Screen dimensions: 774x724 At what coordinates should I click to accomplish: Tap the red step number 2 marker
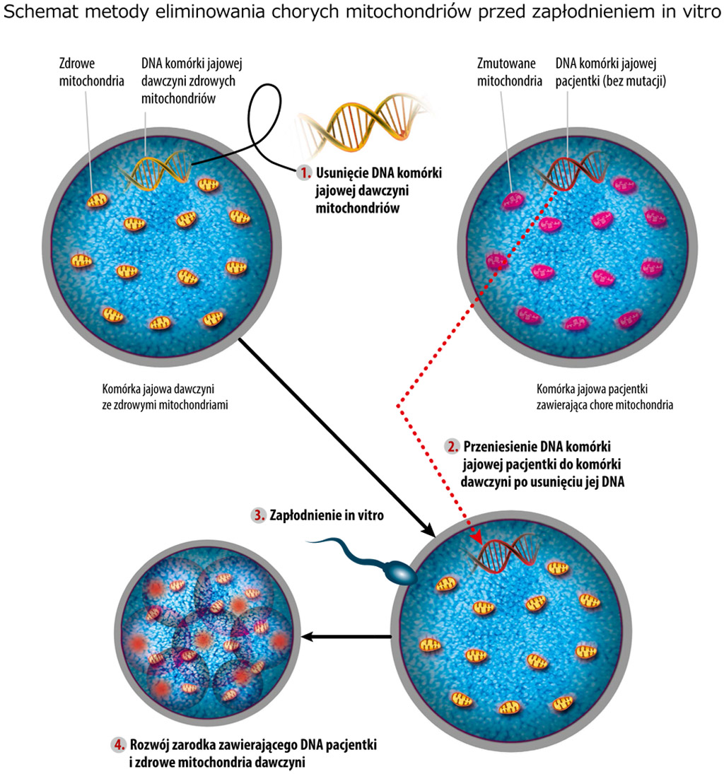click(452, 447)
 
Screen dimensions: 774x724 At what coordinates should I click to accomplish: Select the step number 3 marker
click(259, 515)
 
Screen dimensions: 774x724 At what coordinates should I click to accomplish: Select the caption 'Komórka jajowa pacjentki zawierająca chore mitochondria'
click(604, 396)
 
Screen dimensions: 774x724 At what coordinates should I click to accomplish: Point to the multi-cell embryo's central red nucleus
click(204, 639)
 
